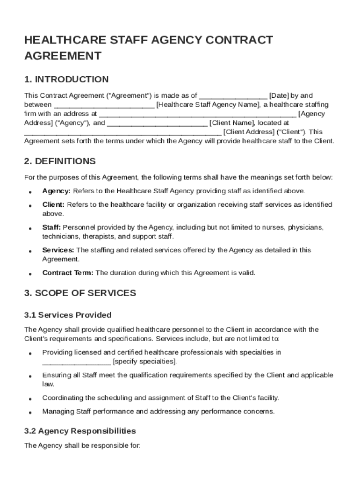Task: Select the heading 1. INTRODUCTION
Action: click(66, 79)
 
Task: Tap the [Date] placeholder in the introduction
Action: click(279, 95)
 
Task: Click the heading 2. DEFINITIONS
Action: click(60, 161)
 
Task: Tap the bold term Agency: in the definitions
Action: click(57, 191)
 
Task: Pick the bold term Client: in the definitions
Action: click(54, 204)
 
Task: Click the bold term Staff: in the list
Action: click(51, 227)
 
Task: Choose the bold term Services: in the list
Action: click(58, 250)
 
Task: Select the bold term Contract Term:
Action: click(68, 273)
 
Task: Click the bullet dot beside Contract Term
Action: click(30, 274)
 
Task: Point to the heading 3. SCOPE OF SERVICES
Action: click(80, 293)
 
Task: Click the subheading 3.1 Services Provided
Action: click(68, 315)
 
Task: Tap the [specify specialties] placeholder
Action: click(145, 362)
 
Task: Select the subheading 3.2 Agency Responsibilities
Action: click(80, 431)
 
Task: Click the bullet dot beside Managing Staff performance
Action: click(30, 413)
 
